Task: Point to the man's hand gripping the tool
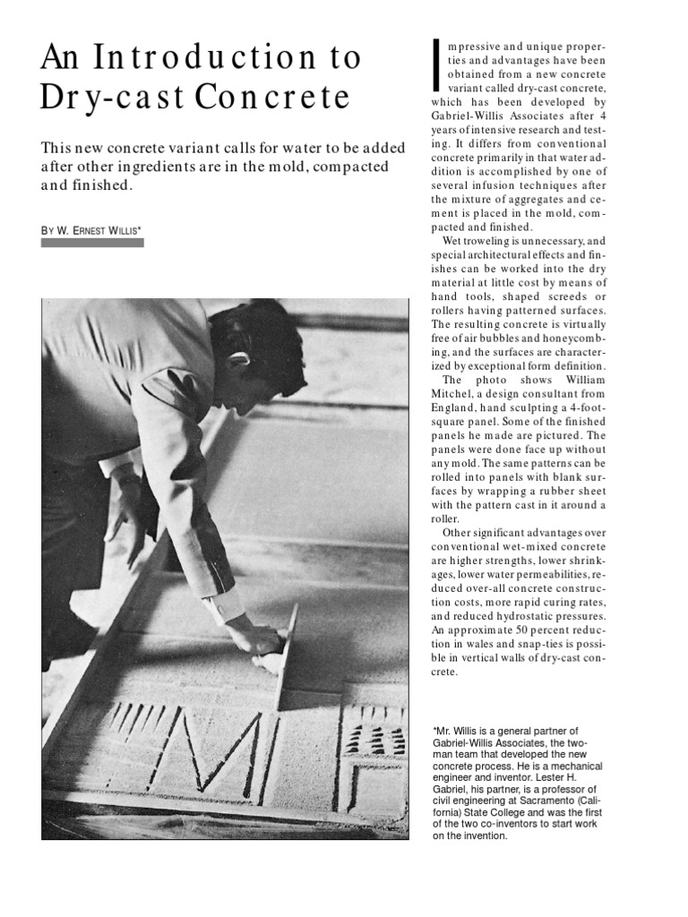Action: (x=260, y=638)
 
